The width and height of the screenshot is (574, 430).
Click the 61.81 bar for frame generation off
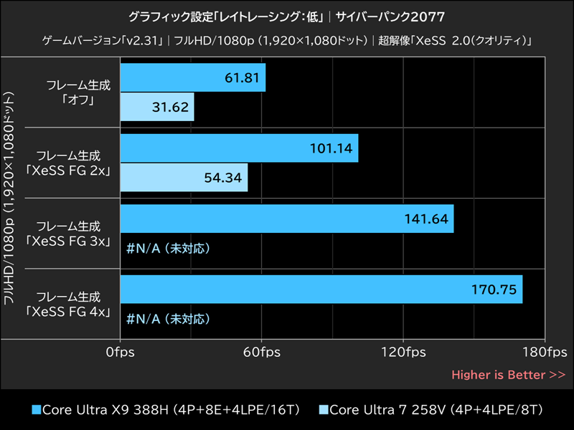tap(192, 77)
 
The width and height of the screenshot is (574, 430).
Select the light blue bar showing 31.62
tap(157, 107)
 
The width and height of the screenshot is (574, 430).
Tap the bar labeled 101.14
tap(239, 148)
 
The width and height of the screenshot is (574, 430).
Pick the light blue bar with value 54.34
tap(184, 177)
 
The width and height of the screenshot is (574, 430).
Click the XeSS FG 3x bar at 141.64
tap(286, 219)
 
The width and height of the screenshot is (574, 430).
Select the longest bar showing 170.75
tap(321, 289)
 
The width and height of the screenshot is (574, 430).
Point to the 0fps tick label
tap(121, 353)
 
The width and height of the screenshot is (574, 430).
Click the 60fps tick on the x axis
tap(262, 353)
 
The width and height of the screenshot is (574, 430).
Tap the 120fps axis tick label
tap(403, 353)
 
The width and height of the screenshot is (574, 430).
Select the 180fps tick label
tap(543, 353)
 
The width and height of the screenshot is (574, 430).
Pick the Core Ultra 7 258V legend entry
tap(430, 410)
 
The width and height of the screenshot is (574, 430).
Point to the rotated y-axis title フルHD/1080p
tap(10, 198)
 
